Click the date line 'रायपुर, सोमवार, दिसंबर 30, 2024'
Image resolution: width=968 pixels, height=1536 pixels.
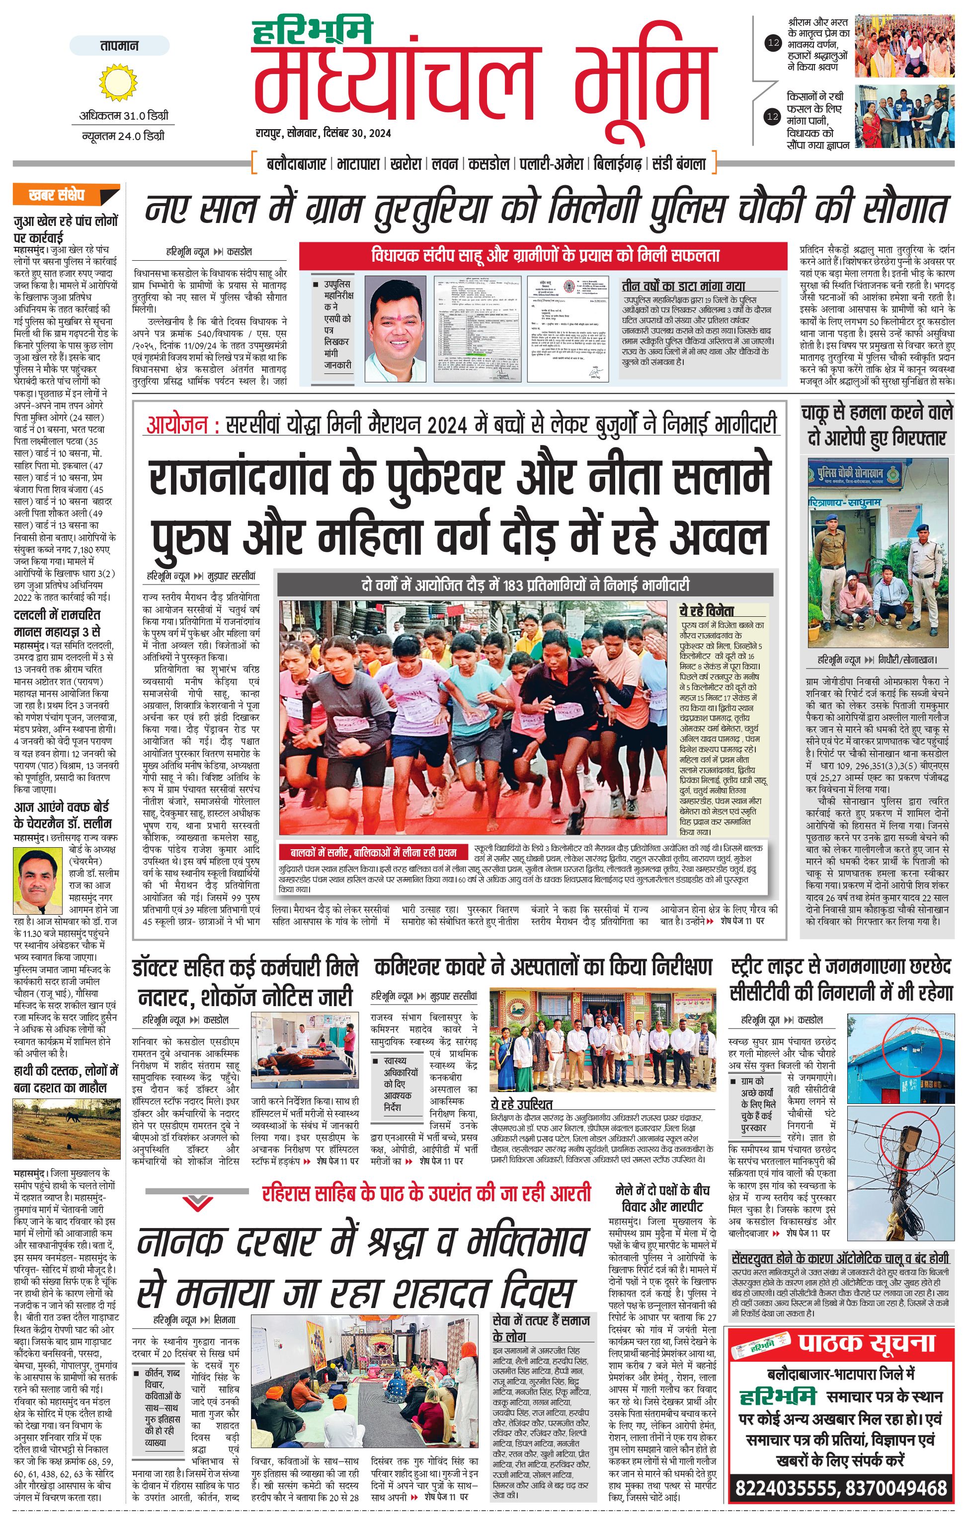coord(323,133)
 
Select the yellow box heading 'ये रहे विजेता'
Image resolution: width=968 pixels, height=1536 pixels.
coord(707,611)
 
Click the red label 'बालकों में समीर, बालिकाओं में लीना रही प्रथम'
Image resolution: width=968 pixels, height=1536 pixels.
coord(373,852)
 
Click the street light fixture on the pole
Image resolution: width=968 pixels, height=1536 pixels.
coord(910,1135)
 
